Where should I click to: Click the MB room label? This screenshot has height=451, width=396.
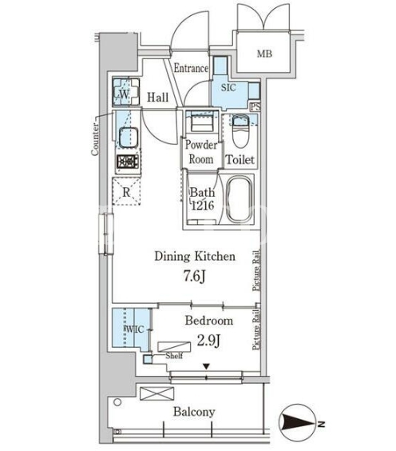(x=264, y=54)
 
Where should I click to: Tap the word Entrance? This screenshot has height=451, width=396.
(x=192, y=69)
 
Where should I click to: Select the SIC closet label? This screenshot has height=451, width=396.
(x=228, y=88)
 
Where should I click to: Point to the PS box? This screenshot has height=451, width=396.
(x=255, y=106)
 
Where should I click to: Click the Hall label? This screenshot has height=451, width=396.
(x=157, y=98)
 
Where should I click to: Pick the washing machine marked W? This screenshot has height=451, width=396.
(x=126, y=92)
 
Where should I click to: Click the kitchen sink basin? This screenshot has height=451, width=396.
(x=129, y=136)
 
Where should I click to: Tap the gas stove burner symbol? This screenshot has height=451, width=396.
(x=128, y=162)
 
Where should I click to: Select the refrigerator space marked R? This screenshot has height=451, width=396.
(x=126, y=192)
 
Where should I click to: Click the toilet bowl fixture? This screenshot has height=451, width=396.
(x=240, y=131)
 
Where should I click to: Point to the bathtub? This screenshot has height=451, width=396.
(x=239, y=199)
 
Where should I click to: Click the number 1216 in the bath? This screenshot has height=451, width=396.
(x=203, y=206)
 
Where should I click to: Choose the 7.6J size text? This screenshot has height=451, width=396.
(x=195, y=277)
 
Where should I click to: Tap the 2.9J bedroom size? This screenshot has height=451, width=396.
(x=208, y=341)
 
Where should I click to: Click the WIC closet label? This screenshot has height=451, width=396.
(x=133, y=329)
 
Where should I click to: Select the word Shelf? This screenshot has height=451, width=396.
(x=174, y=356)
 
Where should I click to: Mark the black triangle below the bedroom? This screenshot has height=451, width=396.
(x=206, y=366)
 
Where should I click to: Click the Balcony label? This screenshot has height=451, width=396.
(x=194, y=412)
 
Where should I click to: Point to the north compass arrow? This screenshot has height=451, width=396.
(x=298, y=423)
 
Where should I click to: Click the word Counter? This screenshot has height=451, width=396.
(x=95, y=139)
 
